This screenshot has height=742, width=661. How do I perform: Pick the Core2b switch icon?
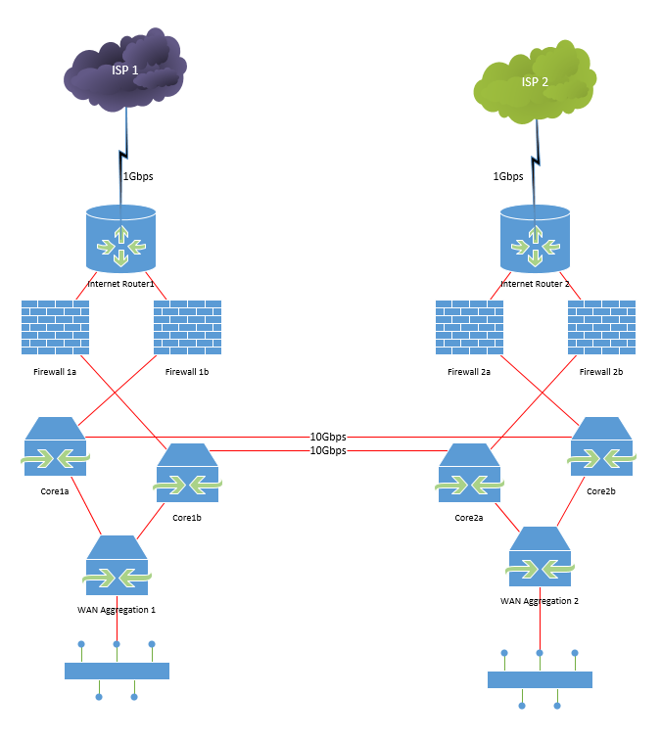[x=601, y=447]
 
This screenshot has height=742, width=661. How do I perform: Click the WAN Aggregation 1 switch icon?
[x=117, y=567]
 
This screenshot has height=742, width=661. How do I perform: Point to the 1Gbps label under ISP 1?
[x=137, y=177]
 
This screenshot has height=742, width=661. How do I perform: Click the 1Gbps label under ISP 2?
[x=508, y=177]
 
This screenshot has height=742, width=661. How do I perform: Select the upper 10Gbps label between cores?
[x=328, y=437]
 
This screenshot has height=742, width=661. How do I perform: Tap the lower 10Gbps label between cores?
[x=328, y=450]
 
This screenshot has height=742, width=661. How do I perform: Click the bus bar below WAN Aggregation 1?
[x=117, y=671]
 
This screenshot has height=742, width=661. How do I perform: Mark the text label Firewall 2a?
[x=469, y=372]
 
